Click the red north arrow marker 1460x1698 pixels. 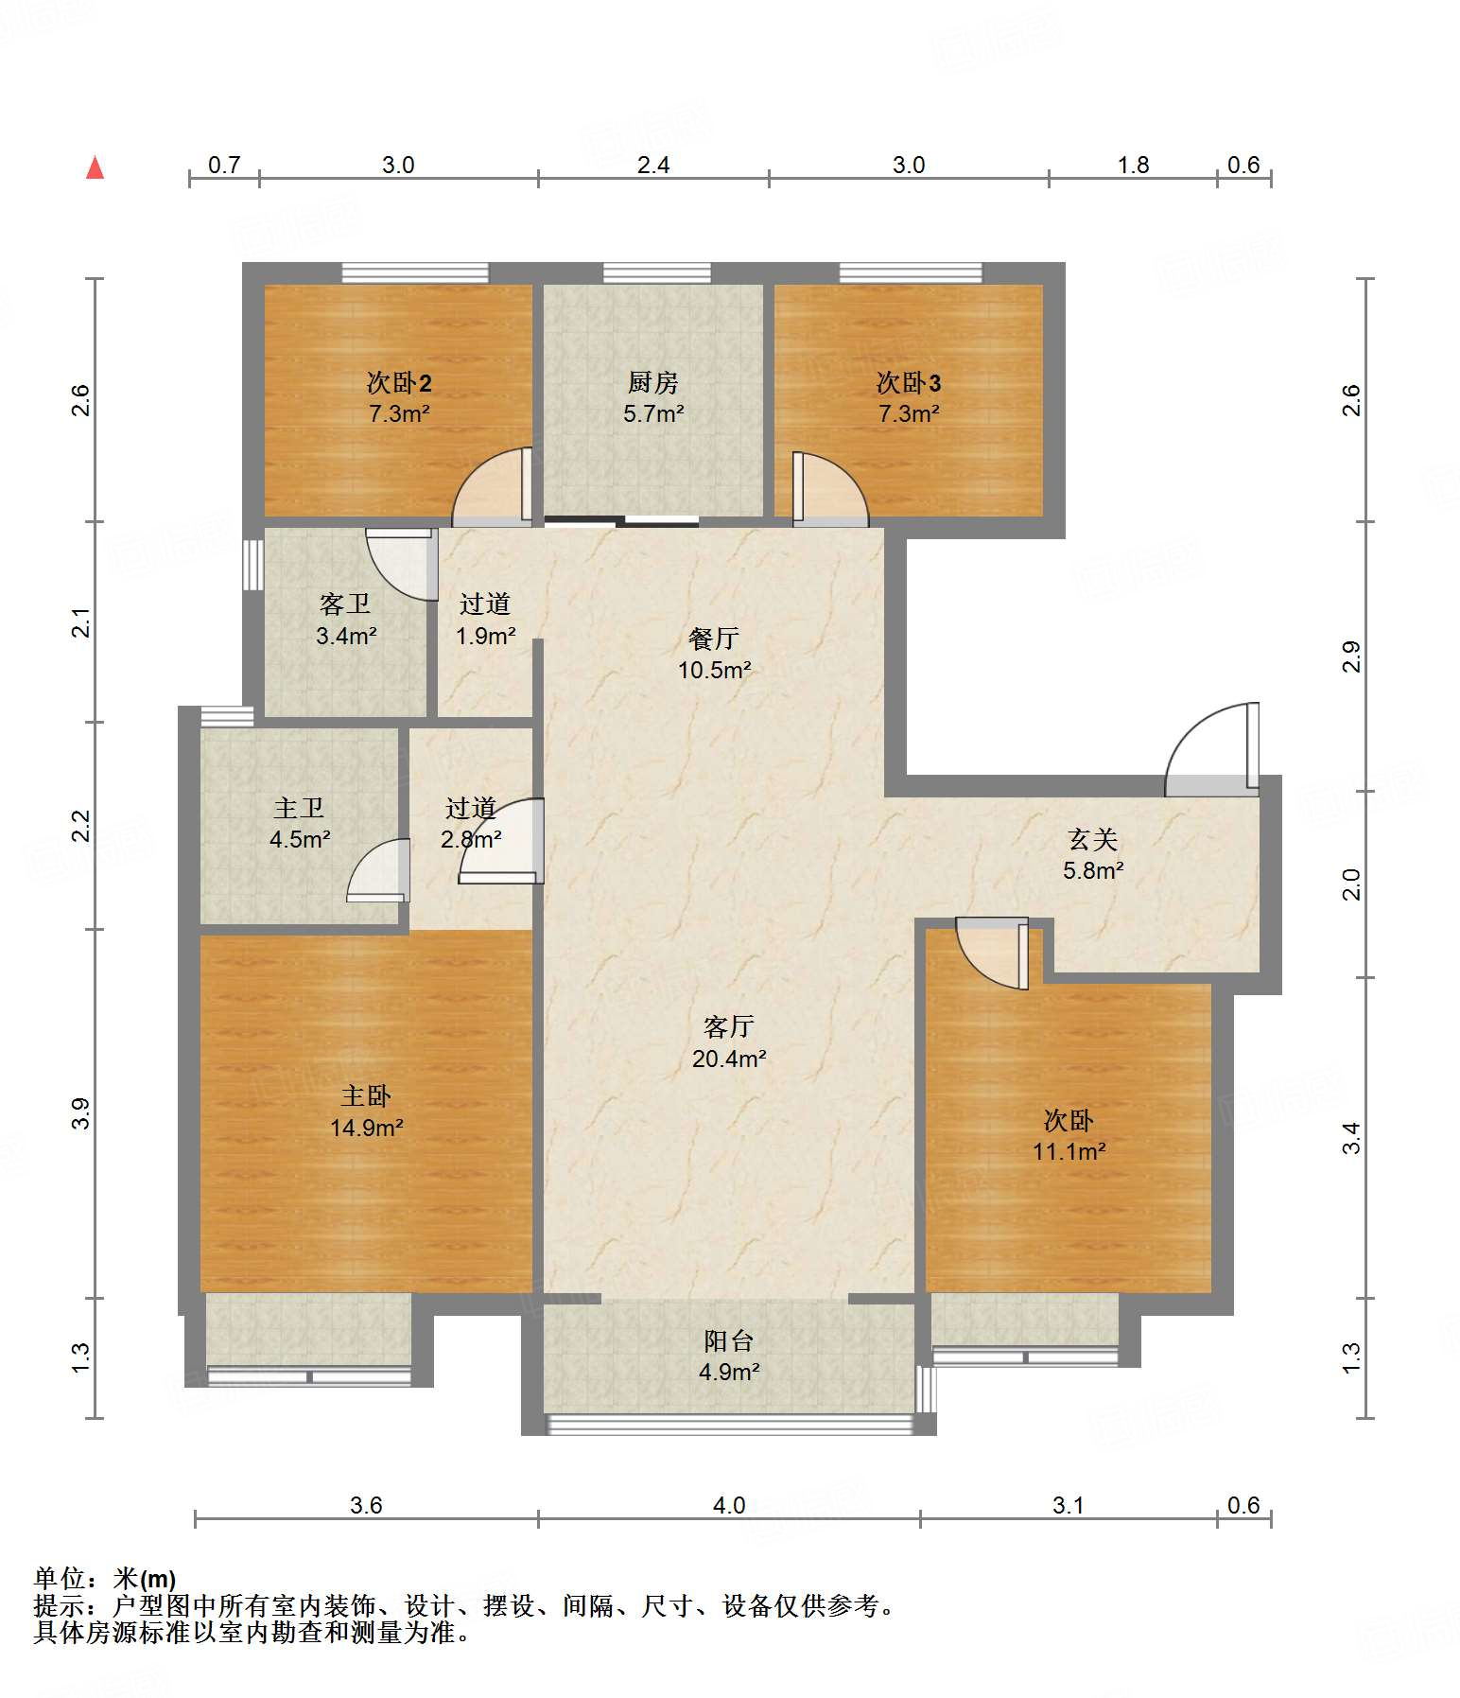click(x=95, y=167)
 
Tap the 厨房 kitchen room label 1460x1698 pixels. click(x=652, y=382)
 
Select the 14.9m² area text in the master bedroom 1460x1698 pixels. click(x=366, y=1128)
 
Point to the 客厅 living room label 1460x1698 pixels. click(x=728, y=1026)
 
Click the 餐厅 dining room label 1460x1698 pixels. click(x=713, y=639)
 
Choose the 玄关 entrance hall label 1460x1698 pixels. click(x=1092, y=839)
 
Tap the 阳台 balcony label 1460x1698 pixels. click(x=728, y=1340)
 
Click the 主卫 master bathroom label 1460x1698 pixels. click(x=299, y=808)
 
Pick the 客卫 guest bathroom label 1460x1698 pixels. click(x=345, y=604)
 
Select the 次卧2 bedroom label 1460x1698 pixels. click(x=399, y=382)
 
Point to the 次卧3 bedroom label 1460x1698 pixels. click(x=908, y=382)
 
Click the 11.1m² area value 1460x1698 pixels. click(x=1069, y=1151)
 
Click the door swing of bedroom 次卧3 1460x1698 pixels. click(x=830, y=488)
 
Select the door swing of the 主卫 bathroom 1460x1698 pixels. click(x=378, y=870)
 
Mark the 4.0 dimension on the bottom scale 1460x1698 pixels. click(x=729, y=1505)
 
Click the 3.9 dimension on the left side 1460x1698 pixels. click(x=80, y=1113)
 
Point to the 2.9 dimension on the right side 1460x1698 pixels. click(x=1352, y=656)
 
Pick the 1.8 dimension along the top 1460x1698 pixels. click(x=1133, y=165)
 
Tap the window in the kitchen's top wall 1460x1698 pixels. click(x=656, y=273)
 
